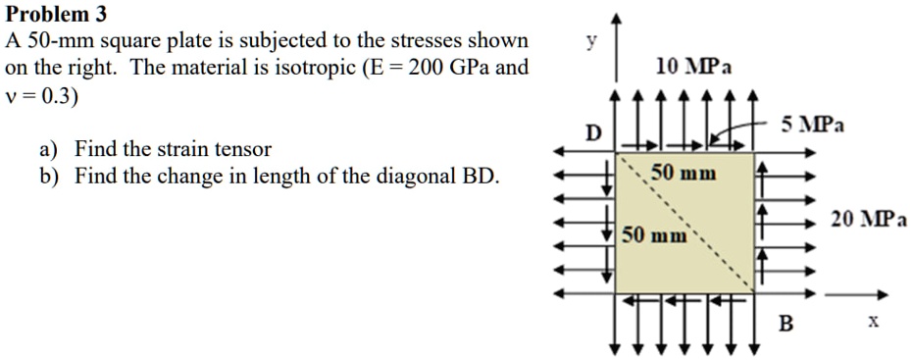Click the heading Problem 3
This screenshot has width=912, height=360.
click(x=57, y=15)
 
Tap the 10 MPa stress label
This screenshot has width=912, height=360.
click(x=692, y=66)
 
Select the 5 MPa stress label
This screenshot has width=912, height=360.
click(x=814, y=126)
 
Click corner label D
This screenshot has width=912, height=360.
click(x=592, y=132)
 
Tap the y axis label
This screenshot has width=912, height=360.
click(x=589, y=41)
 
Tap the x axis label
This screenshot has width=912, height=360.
click(x=873, y=321)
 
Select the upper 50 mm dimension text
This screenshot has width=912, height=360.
click(x=684, y=174)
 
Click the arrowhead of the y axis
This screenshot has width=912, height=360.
click(x=615, y=20)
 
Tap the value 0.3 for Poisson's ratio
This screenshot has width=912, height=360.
click(x=55, y=97)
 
